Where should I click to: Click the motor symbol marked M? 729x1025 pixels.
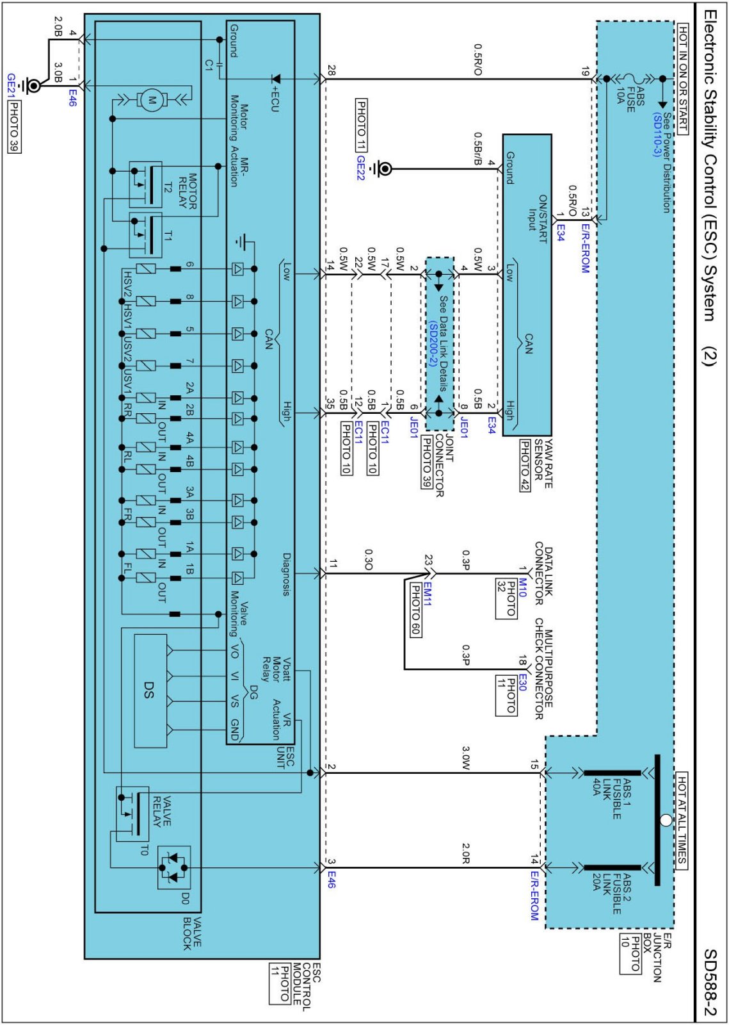click(151, 99)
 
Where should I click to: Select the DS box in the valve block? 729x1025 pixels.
click(150, 690)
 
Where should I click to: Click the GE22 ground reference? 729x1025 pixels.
click(360, 168)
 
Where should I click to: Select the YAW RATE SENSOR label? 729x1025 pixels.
click(543, 464)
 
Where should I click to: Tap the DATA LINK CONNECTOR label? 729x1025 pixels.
click(543, 573)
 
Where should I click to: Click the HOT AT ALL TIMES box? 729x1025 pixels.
click(682, 819)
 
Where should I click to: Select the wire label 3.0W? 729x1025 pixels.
click(467, 758)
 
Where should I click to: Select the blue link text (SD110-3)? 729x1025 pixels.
click(657, 135)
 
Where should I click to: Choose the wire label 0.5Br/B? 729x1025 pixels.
click(477, 149)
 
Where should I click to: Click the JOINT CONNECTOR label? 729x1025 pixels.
click(444, 466)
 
